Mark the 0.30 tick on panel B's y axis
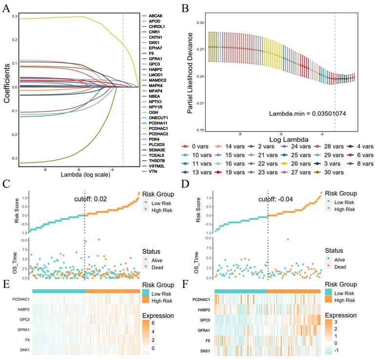coord(199,22)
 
